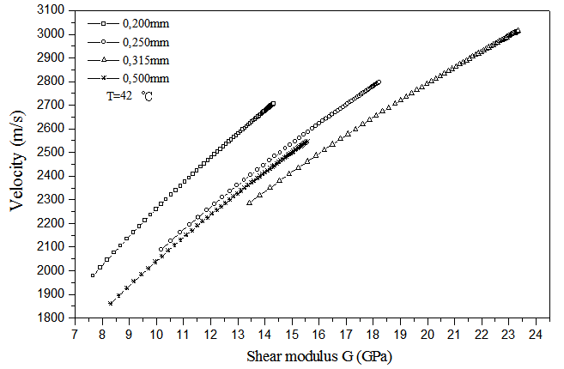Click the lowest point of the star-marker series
[110, 303]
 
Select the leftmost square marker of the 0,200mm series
[93, 275]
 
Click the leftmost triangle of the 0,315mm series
[249, 203]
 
